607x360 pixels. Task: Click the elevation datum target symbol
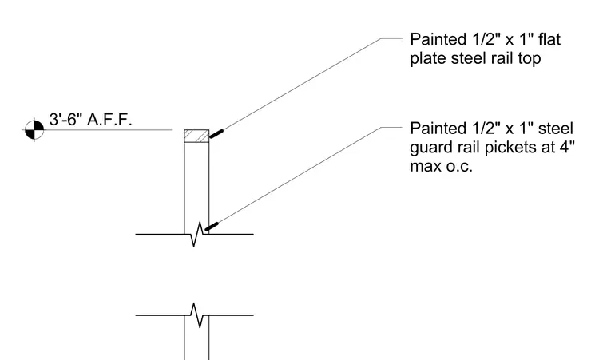(x=34, y=129)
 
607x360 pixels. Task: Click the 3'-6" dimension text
(x=65, y=119)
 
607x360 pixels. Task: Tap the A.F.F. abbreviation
(x=109, y=119)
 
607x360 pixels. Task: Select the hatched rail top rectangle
(x=196, y=136)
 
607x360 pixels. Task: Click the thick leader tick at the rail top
(x=216, y=134)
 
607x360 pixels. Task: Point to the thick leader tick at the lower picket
(x=212, y=227)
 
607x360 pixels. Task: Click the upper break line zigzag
(x=196, y=234)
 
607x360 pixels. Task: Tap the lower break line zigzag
(x=196, y=315)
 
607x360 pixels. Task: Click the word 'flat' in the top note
(x=549, y=39)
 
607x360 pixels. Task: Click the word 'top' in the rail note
(x=529, y=59)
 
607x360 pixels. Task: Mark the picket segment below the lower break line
(x=196, y=338)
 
